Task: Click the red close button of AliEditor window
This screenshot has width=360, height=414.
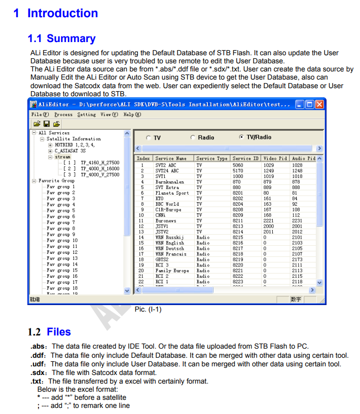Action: [319, 104]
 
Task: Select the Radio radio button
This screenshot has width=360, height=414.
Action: [193, 137]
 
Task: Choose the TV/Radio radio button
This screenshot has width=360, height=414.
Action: [241, 137]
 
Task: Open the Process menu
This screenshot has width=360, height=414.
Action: [63, 115]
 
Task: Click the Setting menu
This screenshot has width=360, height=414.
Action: [86, 115]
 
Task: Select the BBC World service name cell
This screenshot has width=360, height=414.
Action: [167, 204]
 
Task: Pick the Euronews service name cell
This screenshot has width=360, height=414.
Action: [166, 221]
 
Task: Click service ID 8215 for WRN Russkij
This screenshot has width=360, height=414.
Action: [238, 238]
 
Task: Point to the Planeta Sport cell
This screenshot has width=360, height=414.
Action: [172, 193]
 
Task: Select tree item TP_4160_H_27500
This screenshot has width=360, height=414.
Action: [100, 163]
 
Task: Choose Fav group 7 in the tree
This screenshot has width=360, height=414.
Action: [61, 222]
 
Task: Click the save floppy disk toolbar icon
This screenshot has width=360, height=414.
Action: [46, 124]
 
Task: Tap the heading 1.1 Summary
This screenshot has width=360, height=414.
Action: [61, 39]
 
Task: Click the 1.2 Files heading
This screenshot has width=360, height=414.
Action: [49, 332]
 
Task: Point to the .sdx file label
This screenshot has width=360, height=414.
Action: [37, 372]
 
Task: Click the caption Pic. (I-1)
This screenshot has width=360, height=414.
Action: [148, 309]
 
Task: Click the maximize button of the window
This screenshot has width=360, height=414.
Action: [309, 104]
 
